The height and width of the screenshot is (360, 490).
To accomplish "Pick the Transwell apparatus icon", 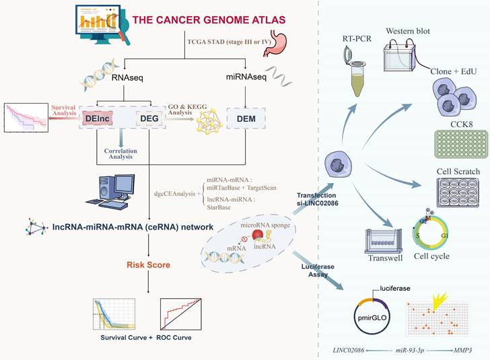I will pos(383,241).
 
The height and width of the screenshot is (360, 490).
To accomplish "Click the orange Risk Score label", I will pos(148,264).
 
